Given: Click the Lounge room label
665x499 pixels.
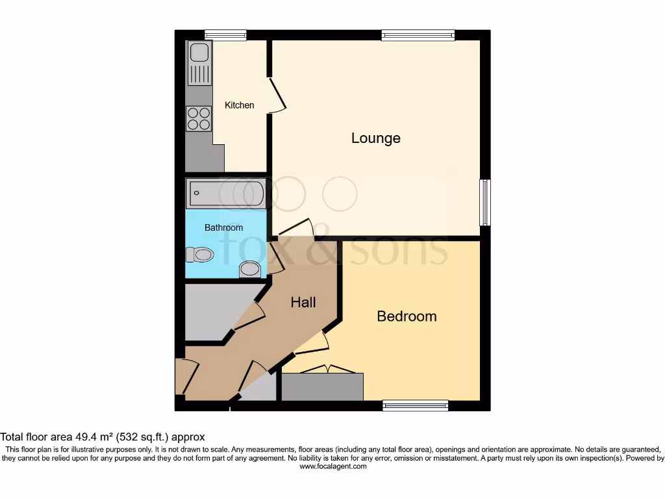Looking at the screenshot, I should coord(375,138).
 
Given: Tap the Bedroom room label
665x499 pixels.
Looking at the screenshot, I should coord(407,316).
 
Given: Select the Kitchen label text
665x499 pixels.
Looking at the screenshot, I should coord(240,105).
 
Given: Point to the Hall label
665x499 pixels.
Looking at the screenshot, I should coord(303,302).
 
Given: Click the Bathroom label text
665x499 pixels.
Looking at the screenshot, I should coord(223,227).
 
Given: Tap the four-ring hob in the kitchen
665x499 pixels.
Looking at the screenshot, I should coord(199,118).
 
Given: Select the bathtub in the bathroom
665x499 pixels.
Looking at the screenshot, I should coord(225,194).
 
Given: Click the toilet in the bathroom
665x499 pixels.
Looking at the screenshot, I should coord(200,254).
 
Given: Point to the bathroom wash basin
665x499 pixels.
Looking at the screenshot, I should coord(250,269).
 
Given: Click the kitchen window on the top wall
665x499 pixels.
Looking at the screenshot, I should coord(225,35).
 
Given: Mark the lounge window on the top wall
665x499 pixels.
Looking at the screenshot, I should coord(418,35).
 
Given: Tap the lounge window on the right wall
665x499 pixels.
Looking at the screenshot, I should coord(484,203).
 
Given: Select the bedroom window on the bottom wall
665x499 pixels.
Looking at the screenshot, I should coord(415,405).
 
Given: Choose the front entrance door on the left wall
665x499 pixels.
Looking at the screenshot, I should coord(180,376).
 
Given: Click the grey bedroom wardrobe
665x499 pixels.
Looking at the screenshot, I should coord(322,387).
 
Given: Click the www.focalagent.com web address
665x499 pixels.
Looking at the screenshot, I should coord(332,466).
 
